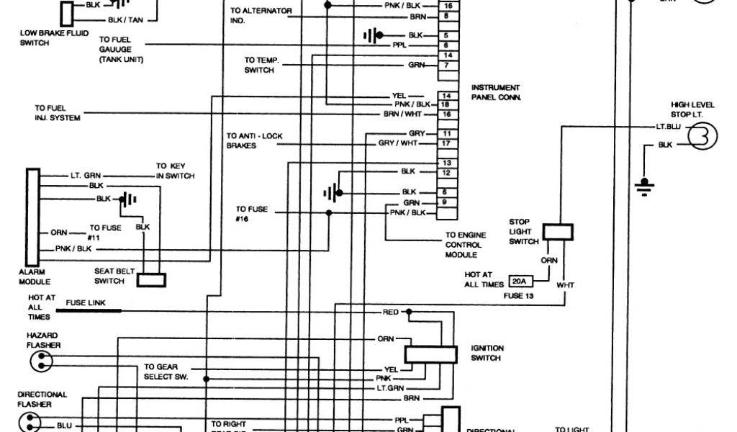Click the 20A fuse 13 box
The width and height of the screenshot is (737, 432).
[518, 281]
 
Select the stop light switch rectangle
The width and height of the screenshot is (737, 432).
[558, 231]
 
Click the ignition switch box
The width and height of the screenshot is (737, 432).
[430, 354]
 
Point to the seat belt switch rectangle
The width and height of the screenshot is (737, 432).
[152, 279]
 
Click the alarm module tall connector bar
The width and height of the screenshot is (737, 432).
[32, 217]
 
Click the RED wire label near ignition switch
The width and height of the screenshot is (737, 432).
[390, 312]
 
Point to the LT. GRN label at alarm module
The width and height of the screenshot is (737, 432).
[86, 175]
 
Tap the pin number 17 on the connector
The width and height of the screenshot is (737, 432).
[447, 144]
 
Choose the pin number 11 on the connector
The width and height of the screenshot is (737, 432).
[447, 134]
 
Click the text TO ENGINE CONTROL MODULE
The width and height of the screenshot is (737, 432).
[465, 245]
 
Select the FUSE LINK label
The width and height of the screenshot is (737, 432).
[86, 303]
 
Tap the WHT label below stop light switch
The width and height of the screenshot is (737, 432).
[565, 285]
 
